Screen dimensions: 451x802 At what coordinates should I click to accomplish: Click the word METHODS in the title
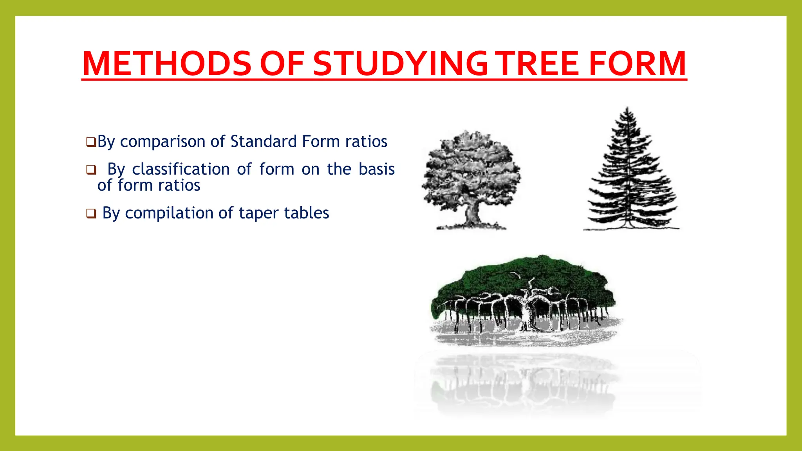(166, 63)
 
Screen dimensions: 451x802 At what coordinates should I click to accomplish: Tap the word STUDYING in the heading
(400, 63)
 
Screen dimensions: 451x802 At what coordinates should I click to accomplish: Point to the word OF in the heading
(282, 63)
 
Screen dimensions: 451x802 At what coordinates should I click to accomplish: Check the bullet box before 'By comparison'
(91, 142)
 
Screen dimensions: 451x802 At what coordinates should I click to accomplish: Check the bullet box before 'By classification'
(91, 170)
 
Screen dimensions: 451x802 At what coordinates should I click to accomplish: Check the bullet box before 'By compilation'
(91, 214)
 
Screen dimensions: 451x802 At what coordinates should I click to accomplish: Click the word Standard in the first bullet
(264, 141)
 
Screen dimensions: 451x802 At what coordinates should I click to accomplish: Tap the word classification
(181, 170)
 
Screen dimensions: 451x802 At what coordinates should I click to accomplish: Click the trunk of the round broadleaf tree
(472, 214)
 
